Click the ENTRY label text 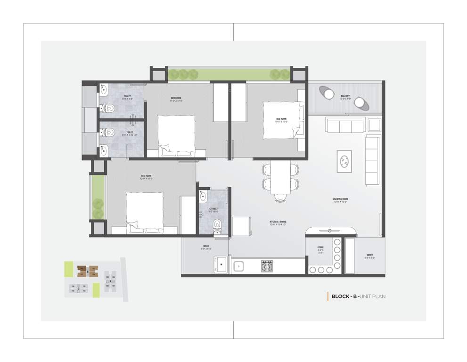pos(370,256)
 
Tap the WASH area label pos(206,247)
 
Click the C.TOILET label pos(214,209)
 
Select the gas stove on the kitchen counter pos(267,266)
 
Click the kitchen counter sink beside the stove pos(239,266)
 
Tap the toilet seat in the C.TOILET pos(217,224)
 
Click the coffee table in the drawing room pos(344,161)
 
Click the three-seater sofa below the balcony pos(344,125)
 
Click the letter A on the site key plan pos(110,282)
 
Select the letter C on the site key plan pos(78,288)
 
